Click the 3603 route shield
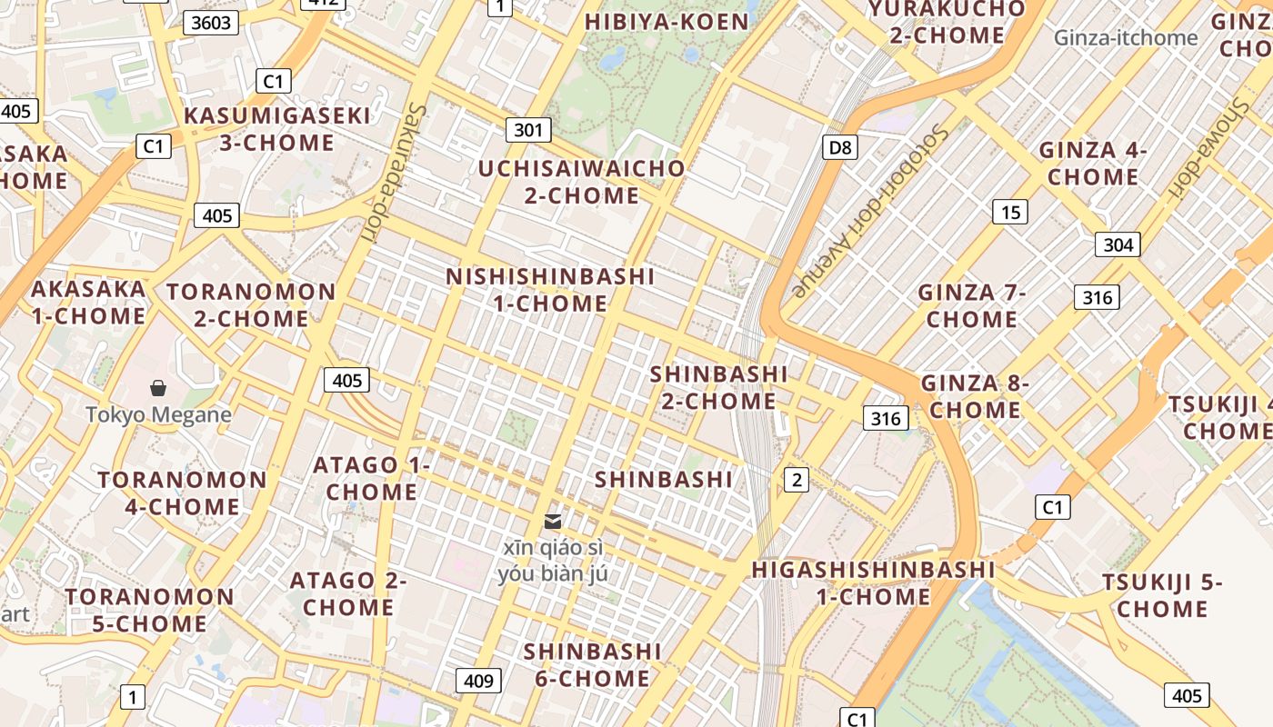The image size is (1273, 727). pyautogui.click(x=211, y=23)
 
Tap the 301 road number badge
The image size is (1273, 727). pyautogui.click(x=528, y=130)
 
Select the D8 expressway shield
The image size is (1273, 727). pyautogui.click(x=839, y=146)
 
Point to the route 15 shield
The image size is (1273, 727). pyautogui.click(x=1010, y=212)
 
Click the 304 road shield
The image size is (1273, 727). pyautogui.click(x=1118, y=244)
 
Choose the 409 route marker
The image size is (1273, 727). pyautogui.click(x=478, y=681)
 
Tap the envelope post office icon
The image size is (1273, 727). pyautogui.click(x=552, y=521)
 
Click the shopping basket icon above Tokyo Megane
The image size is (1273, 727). pyautogui.click(x=158, y=388)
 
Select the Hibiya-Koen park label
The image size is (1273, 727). pyautogui.click(x=667, y=22)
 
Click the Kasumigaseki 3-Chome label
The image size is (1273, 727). pyautogui.click(x=277, y=129)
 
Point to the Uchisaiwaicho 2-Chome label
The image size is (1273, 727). pyautogui.click(x=582, y=182)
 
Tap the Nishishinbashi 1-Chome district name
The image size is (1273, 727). pyautogui.click(x=550, y=289)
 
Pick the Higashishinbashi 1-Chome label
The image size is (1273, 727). pyautogui.click(x=873, y=583)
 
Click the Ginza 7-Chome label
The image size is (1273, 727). pyautogui.click(x=971, y=305)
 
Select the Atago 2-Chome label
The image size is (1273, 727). pyautogui.click(x=348, y=593)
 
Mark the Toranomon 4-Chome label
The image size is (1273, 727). pyautogui.click(x=182, y=493)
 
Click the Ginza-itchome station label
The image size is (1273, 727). pyautogui.click(x=1126, y=37)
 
